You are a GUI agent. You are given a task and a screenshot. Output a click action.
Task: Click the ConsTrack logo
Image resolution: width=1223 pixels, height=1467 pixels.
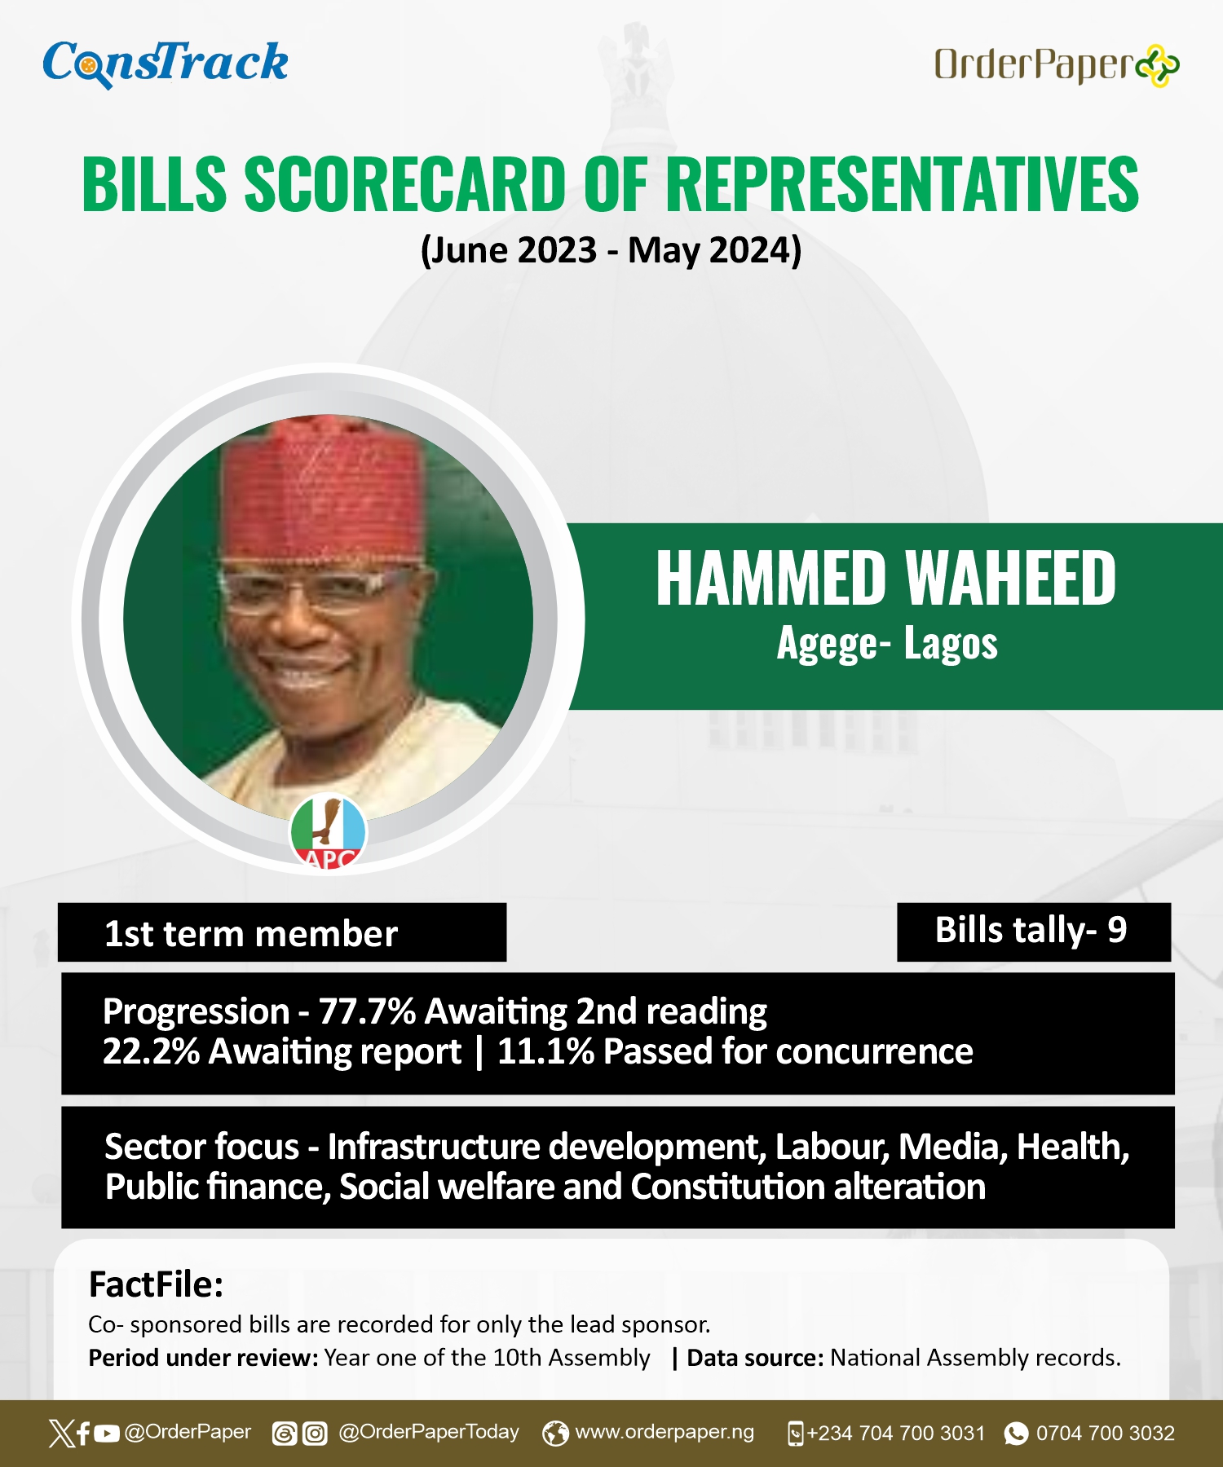pyautogui.click(x=166, y=63)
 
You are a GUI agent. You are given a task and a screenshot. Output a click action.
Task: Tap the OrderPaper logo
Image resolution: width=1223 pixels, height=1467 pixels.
pyautogui.click(x=1057, y=65)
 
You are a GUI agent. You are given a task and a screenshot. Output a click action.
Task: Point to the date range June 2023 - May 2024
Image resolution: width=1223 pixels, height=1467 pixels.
pyautogui.click(x=611, y=250)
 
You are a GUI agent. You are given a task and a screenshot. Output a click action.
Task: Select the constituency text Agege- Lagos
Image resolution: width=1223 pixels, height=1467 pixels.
pyautogui.click(x=887, y=644)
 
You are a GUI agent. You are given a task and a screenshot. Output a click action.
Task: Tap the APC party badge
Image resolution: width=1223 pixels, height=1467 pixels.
pyautogui.click(x=329, y=831)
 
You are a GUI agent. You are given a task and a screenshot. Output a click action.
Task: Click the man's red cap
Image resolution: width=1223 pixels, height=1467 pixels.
pyautogui.click(x=325, y=489)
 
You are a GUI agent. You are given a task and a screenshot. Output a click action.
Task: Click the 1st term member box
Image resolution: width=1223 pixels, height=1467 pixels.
pyautogui.click(x=282, y=932)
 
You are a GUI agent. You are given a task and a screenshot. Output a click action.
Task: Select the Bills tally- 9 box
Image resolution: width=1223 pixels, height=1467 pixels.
pyautogui.click(x=1034, y=932)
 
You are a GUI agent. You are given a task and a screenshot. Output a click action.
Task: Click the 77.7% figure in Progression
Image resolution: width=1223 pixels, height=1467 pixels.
pyautogui.click(x=368, y=1011)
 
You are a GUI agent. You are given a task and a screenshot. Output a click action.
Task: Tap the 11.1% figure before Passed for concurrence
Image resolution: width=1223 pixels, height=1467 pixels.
pyautogui.click(x=546, y=1051)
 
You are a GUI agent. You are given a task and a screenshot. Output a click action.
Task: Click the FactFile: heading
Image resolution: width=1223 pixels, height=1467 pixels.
pyautogui.click(x=156, y=1284)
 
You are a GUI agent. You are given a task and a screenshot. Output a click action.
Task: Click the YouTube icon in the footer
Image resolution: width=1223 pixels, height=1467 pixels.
pyautogui.click(x=106, y=1434)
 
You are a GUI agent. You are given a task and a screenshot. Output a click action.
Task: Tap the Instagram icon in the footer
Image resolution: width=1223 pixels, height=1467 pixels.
pyautogui.click(x=315, y=1434)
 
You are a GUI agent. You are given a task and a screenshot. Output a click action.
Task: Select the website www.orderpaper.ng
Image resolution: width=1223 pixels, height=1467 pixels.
pyautogui.click(x=664, y=1432)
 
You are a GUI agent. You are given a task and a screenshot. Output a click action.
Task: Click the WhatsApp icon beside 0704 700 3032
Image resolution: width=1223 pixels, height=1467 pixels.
pyautogui.click(x=1016, y=1434)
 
